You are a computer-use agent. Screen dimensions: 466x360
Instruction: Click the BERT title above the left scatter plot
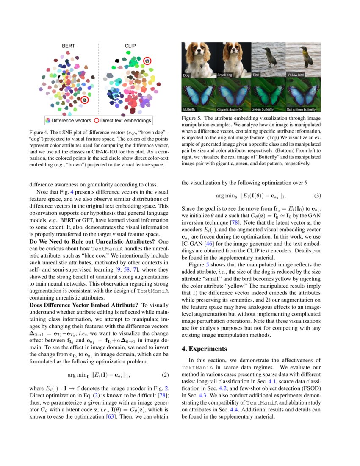pos(69,45)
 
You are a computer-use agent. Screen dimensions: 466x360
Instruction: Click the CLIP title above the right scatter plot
pos(130,45)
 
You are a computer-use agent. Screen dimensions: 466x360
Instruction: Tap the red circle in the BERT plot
pos(85,100)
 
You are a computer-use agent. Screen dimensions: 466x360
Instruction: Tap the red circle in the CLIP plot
pos(147,61)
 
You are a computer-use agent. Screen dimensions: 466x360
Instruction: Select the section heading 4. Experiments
pos(205,349)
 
